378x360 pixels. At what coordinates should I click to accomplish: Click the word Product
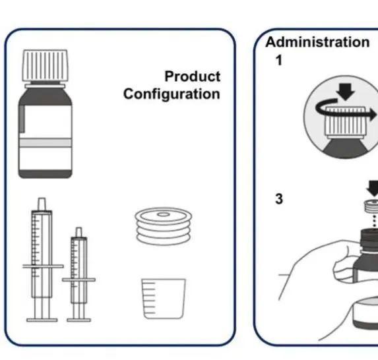point(193,76)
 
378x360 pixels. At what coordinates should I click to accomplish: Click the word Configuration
point(172,94)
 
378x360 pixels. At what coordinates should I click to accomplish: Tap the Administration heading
point(317,42)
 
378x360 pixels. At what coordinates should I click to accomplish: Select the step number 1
point(279,60)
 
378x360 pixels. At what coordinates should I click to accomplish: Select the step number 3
point(279,199)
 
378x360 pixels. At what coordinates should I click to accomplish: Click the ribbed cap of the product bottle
point(45,65)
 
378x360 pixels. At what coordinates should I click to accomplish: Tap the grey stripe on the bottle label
point(46,142)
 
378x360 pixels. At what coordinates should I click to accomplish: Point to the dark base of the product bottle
point(46,174)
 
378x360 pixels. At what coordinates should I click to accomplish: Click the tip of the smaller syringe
point(79,232)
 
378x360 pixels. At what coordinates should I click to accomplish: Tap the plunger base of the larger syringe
point(42,320)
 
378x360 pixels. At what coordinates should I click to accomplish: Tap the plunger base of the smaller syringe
point(79,320)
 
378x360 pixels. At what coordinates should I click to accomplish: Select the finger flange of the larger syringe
point(43,266)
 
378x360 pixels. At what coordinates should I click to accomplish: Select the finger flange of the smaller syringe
point(79,280)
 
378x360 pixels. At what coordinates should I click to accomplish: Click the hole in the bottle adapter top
point(163,214)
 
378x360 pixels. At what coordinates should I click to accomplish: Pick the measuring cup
point(164,299)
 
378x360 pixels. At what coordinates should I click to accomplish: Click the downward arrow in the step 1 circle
point(346,92)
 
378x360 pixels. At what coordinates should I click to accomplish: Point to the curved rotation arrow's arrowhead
point(372,115)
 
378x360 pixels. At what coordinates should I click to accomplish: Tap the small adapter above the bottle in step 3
point(371,206)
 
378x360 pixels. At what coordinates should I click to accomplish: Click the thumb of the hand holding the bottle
point(342,267)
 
